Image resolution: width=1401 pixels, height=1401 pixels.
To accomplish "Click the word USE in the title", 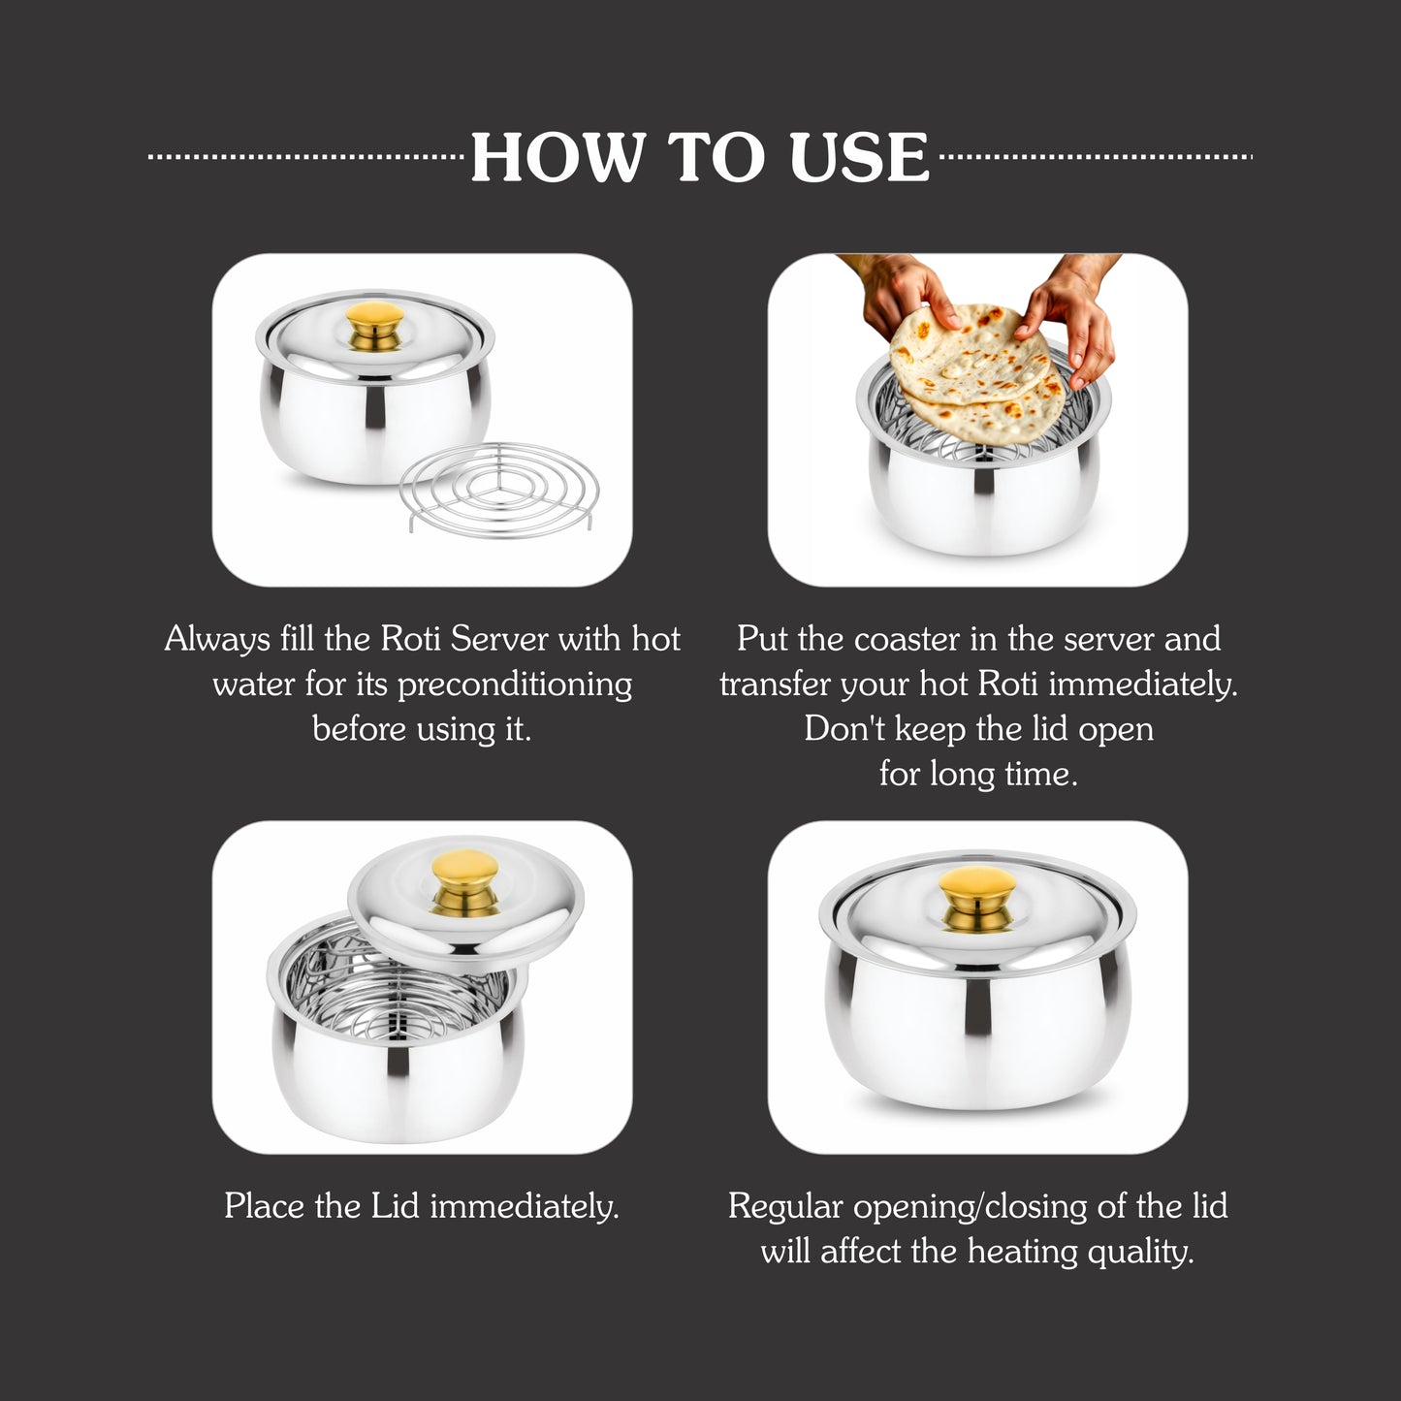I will (859, 157).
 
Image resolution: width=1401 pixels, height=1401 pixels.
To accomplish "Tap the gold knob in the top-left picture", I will (375, 325).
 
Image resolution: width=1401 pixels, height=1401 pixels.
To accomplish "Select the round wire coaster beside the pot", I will (499, 485).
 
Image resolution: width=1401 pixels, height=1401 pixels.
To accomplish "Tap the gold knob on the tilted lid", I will (465, 882).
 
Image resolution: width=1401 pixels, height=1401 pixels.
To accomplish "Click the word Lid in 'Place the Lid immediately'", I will (395, 1206).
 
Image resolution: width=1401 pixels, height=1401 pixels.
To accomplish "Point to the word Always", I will (217, 639).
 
